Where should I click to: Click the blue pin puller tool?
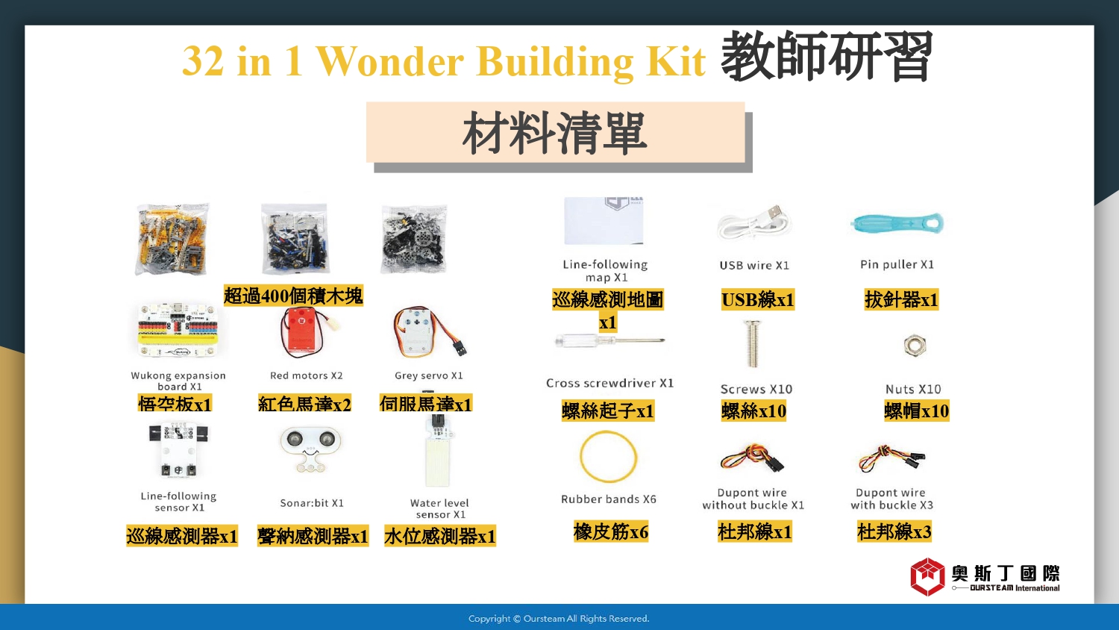(x=897, y=223)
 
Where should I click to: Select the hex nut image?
(x=915, y=345)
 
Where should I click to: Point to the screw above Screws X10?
(x=752, y=343)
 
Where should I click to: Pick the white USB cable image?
(x=754, y=223)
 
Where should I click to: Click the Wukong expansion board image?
(x=178, y=330)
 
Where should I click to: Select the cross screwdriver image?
(x=609, y=342)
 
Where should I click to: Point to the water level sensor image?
(x=439, y=452)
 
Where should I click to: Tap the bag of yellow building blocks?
(x=172, y=239)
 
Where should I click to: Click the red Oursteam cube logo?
(x=927, y=577)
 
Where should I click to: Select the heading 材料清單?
(x=555, y=133)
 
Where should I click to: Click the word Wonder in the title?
(x=391, y=61)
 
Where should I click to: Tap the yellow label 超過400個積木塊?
(x=293, y=296)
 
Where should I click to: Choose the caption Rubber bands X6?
(x=609, y=499)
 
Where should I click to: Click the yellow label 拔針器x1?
(x=901, y=299)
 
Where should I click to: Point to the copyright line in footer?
(x=559, y=619)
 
